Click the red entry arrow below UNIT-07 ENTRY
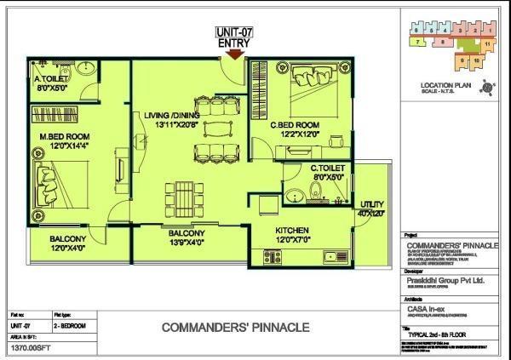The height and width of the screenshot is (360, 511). (x=235, y=54)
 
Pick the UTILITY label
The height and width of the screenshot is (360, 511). (x=372, y=205)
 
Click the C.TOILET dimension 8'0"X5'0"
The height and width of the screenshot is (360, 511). (x=328, y=177)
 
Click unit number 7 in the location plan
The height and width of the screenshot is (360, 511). (x=418, y=40)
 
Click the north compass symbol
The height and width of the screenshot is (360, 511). (x=486, y=85)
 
